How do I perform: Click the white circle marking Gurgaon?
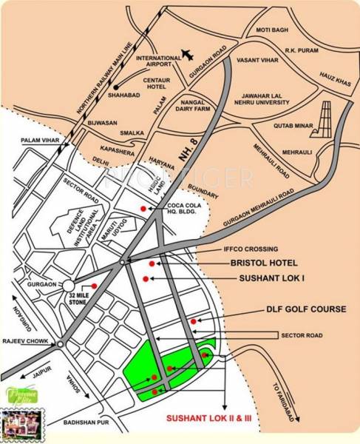pos(69,285)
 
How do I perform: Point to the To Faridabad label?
pos(283,403)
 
